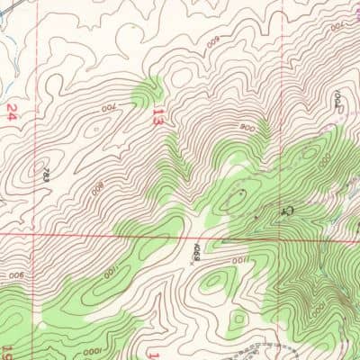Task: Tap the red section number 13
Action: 158,117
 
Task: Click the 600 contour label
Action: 213,41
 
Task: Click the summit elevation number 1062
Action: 340,101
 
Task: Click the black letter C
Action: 288,208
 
